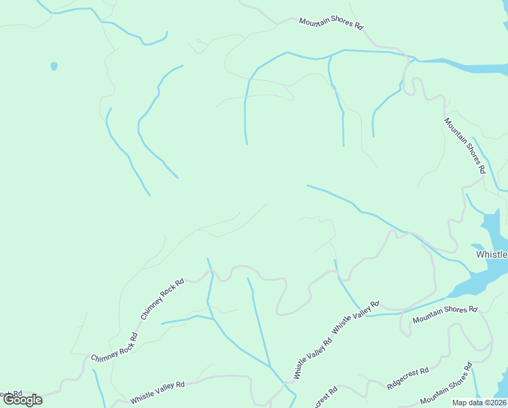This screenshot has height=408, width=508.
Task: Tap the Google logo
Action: [22, 400]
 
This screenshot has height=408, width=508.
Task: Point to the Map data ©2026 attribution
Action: [479, 403]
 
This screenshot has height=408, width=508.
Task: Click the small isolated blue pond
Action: [54, 66]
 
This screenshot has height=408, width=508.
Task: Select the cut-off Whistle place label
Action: [491, 254]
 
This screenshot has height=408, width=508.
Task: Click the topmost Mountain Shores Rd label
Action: [331, 23]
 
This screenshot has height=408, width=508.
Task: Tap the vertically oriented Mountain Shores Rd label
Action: [465, 146]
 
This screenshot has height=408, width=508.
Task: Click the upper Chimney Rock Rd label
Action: [162, 299]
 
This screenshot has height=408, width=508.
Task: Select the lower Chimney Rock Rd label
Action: [114, 348]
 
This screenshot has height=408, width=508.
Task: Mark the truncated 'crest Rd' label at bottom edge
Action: [326, 397]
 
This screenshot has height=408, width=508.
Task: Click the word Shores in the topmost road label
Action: [342, 24]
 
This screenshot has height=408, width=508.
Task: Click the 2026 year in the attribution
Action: [496, 403]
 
